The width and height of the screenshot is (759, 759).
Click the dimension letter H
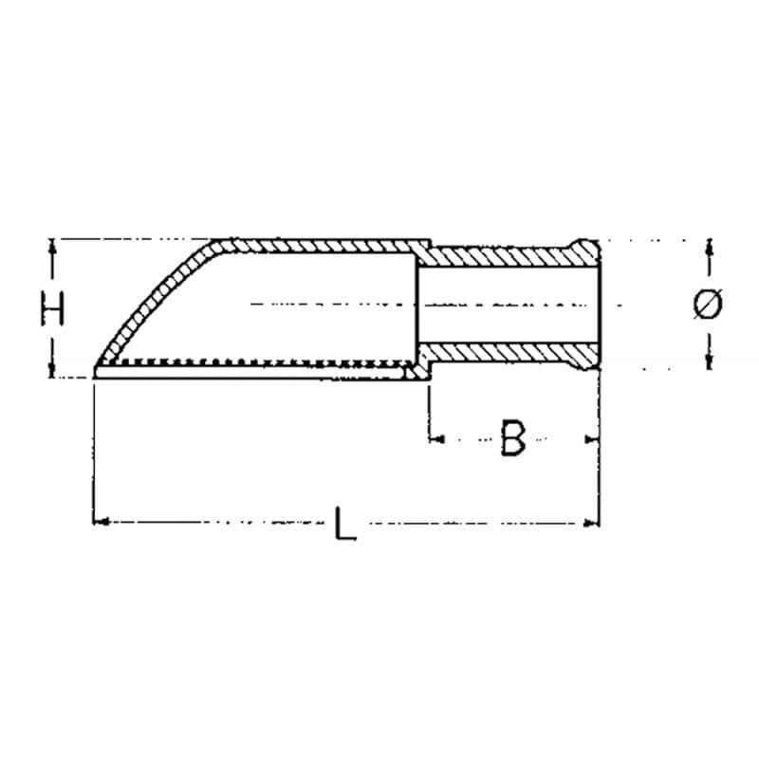pyautogui.click(x=52, y=307)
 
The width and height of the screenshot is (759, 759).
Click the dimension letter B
pyautogui.click(x=512, y=438)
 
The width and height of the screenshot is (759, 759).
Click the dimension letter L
pyautogui.click(x=344, y=523)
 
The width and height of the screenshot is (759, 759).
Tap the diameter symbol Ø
pyautogui.click(x=708, y=304)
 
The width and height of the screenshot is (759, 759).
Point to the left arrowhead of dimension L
pyautogui.click(x=100, y=522)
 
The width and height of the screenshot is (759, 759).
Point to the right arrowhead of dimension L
pyautogui.click(x=592, y=523)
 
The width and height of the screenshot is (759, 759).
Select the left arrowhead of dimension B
pyautogui.click(x=436, y=439)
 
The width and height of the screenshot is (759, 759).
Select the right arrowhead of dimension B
pyautogui.click(x=592, y=439)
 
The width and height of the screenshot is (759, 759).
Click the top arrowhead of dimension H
pyautogui.click(x=52, y=247)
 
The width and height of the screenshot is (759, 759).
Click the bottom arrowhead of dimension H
pyautogui.click(x=52, y=369)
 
